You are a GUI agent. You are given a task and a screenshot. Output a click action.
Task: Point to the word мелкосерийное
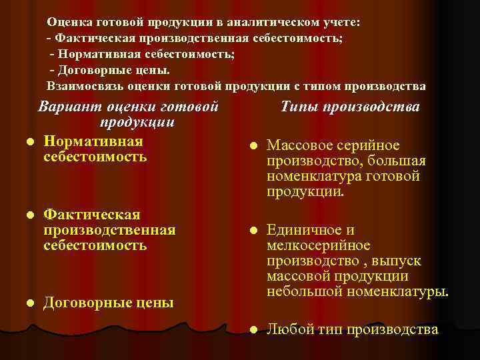click(x=318, y=245)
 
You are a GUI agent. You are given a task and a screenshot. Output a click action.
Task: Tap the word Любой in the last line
click(x=286, y=329)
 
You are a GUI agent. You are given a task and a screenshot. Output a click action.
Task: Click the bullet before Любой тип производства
click(x=253, y=329)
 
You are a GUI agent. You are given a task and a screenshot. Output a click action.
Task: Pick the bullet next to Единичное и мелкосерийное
click(x=253, y=231)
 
